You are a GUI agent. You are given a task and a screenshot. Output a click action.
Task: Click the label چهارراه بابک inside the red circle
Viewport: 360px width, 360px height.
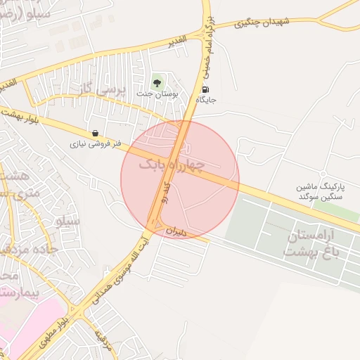172,166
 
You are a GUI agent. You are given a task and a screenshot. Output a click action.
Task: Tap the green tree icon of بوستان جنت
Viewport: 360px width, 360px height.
157,82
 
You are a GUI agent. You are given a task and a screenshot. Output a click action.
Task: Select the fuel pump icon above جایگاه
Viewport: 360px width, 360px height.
205,90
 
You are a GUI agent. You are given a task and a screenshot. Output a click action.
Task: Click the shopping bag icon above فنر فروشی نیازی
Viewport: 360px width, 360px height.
95,132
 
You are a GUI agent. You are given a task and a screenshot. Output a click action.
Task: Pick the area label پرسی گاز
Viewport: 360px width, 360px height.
95,90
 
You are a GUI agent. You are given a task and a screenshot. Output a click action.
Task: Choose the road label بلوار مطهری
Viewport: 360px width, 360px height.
52,333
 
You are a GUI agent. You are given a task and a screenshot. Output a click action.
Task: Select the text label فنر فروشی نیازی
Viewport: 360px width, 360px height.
95,145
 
